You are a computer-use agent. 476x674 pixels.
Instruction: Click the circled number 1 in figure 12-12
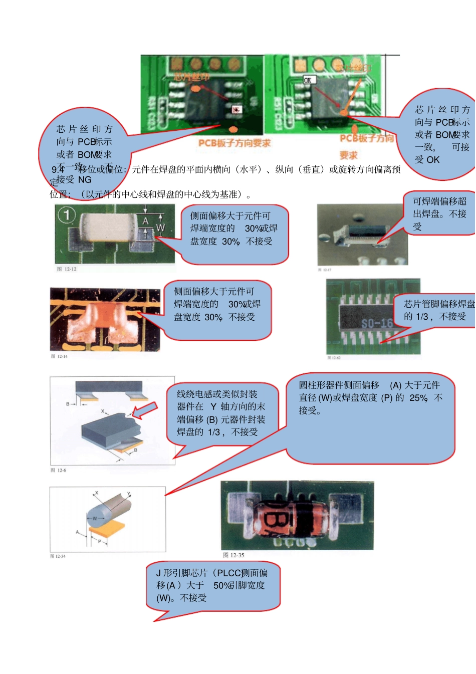click(67, 215)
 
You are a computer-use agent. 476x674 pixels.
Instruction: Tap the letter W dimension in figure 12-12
click(160, 228)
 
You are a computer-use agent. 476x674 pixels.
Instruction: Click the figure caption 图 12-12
click(67, 269)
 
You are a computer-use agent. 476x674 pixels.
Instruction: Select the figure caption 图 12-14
click(59, 356)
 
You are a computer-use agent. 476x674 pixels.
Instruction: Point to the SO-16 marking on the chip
click(377, 323)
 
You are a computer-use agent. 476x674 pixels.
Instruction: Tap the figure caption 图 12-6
click(58, 470)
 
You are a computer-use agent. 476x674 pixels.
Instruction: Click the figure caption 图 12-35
click(233, 555)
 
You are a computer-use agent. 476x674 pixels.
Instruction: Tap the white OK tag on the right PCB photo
click(308, 80)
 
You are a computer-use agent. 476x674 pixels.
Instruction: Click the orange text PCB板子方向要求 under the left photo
click(234, 143)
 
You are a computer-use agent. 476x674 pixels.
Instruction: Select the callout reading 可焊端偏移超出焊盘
click(439, 213)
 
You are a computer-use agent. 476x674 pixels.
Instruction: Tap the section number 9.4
click(58, 170)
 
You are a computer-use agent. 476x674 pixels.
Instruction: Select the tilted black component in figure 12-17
click(363, 233)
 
